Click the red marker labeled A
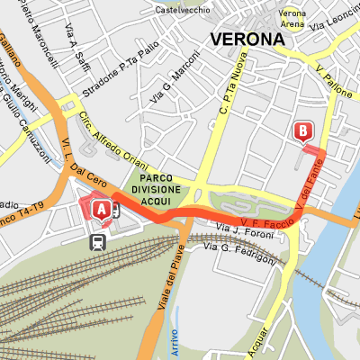pos(102,209)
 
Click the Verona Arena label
pos(291,19)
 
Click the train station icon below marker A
pos(94,240)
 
